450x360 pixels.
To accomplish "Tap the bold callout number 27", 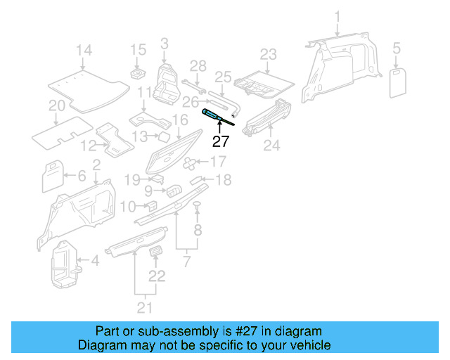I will tap(221, 141).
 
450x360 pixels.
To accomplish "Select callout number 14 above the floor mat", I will tap(84, 50).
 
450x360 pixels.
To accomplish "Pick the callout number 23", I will tap(269, 54).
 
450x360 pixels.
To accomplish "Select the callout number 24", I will tap(271, 146).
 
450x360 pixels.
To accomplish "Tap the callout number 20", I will tap(57, 106).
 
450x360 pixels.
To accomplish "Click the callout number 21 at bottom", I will tap(144, 307).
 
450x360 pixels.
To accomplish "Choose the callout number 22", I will tap(157, 276).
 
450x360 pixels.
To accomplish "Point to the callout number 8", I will tap(198, 230).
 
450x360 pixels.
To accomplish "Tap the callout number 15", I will tap(138, 50).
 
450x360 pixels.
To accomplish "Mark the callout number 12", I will tap(88, 146).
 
